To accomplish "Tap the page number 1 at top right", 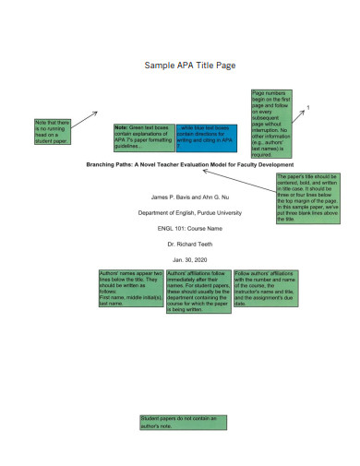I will (x=307, y=109).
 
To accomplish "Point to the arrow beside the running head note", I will (x=89, y=117).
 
